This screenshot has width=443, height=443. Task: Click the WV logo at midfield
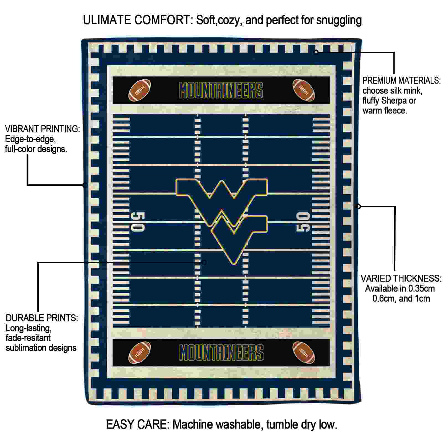221,219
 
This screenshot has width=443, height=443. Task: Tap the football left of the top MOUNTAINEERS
140,90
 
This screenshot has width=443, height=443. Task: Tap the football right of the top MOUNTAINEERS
304,90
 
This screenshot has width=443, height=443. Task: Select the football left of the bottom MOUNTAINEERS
140,352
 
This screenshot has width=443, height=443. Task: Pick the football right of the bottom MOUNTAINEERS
304,352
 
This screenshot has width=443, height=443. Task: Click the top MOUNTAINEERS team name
221,90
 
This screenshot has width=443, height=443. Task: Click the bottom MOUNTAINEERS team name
221,352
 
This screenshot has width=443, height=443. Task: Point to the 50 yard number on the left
138,222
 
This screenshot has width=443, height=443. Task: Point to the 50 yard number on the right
303,222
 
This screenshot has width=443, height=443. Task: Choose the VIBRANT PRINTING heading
42,129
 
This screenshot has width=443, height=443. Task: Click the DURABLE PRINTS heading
42,318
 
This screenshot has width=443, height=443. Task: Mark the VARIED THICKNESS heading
401,278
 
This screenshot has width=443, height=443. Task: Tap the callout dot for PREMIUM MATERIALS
316,52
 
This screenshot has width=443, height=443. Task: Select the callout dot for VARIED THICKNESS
358,206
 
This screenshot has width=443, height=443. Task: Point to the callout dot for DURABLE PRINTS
204,262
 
